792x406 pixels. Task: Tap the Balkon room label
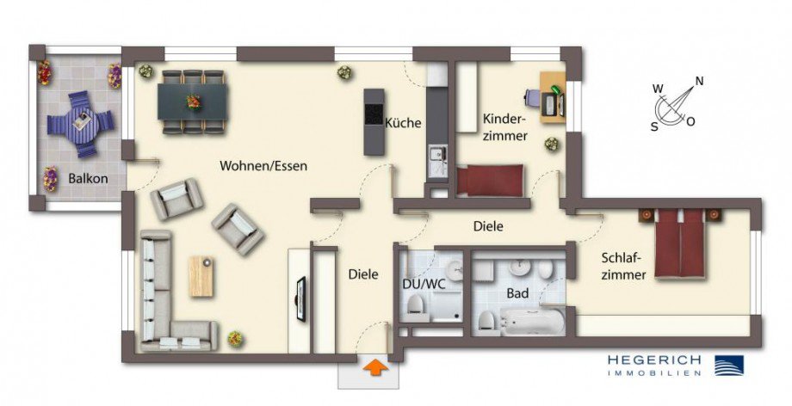click(x=88, y=180)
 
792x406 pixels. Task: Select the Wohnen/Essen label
click(x=263, y=165)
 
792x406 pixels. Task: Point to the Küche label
click(x=403, y=123)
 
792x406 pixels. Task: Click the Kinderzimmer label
click(x=504, y=126)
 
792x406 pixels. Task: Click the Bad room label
click(x=517, y=293)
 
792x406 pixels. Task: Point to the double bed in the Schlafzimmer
click(x=680, y=243)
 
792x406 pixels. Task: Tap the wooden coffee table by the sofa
click(x=201, y=276)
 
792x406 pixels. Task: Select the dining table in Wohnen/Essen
click(x=191, y=101)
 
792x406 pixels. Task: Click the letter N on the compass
click(x=699, y=82)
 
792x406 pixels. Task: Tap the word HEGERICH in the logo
click(x=654, y=359)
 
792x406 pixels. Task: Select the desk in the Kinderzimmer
click(x=551, y=92)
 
